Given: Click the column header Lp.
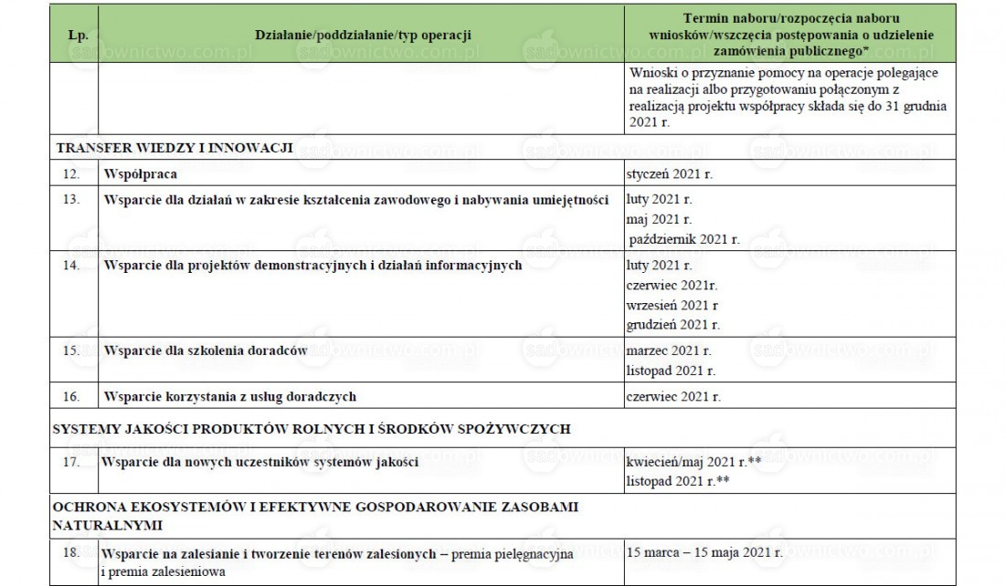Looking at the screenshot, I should click(78, 36).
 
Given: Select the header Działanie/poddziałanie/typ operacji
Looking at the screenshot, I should click(364, 36).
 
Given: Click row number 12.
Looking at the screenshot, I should click(78, 173).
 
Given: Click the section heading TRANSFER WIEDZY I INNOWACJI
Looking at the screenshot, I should click(173, 148).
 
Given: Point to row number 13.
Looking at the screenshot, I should click(78, 199).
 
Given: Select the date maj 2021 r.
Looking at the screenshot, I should click(660, 220).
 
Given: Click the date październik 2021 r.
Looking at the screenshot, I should click(684, 240).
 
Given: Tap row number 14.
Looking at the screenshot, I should click(78, 266).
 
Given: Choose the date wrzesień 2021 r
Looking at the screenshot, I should click(672, 305).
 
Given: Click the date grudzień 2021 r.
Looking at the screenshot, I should click(673, 325).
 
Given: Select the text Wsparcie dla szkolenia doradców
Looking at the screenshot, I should click(204, 351).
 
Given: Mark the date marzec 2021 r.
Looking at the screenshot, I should click(669, 351).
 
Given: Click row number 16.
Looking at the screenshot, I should click(78, 396).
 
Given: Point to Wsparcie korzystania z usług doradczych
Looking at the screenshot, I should click(229, 396).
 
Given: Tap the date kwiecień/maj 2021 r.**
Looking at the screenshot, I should click(694, 462).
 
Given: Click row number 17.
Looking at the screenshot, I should click(78, 463).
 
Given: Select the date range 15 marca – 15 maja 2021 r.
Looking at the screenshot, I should click(705, 553).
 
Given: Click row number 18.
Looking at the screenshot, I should click(78, 553).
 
